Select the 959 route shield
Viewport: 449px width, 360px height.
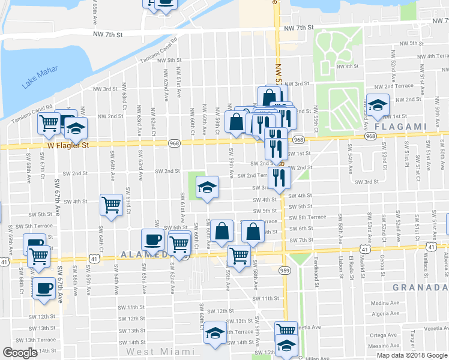[285, 271]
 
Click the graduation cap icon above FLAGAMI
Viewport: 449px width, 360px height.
[378, 106]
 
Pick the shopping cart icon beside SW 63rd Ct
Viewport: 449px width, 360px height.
[112, 205]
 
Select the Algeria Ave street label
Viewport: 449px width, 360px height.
[385, 313]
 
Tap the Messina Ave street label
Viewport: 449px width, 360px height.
[384, 346]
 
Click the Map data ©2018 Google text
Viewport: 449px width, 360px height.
[411, 355]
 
